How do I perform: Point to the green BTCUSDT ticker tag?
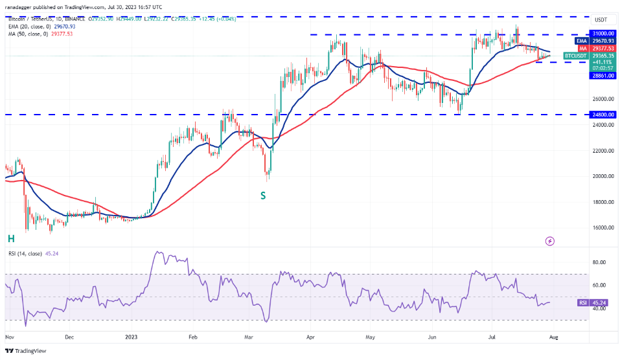(x=574, y=56)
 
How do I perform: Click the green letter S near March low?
(x=264, y=194)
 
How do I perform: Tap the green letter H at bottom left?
(x=11, y=239)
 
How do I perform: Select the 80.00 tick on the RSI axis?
(x=600, y=262)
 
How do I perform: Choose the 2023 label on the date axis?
(x=131, y=337)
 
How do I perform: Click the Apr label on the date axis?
(x=310, y=337)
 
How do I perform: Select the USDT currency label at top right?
(x=601, y=20)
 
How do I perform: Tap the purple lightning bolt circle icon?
(x=550, y=241)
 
